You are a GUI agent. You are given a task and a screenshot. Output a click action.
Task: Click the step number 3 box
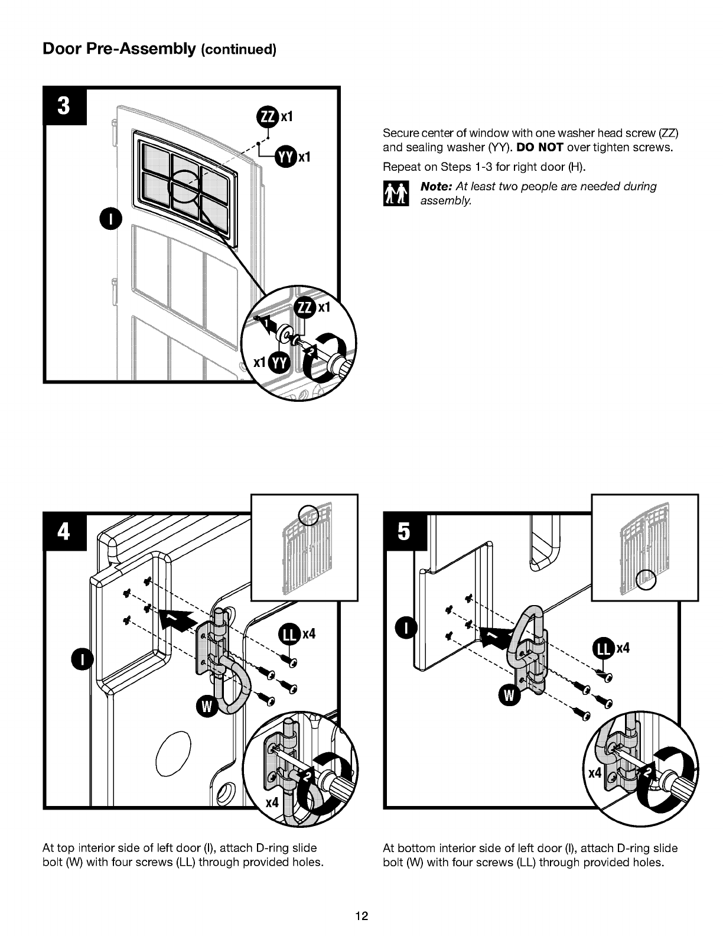64,106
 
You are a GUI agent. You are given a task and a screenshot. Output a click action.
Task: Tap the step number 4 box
64,532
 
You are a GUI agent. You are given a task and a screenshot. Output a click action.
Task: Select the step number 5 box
405,532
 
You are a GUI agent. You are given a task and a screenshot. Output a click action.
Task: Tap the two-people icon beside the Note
396,193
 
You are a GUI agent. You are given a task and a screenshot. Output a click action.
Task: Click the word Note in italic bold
436,187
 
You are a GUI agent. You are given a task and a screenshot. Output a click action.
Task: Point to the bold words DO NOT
539,147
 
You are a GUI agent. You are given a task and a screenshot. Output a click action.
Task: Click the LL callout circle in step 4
290,634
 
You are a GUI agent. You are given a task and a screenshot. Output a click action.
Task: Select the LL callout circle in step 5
604,648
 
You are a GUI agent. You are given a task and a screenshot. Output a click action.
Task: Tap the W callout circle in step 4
207,707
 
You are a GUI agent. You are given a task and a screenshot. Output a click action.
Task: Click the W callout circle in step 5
509,695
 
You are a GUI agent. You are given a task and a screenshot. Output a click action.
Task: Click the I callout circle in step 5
406,629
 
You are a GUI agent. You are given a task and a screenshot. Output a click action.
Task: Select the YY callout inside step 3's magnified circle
280,363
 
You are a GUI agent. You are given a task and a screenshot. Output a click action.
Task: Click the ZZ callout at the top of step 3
268,116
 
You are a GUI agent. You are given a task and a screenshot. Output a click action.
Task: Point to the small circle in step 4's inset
308,515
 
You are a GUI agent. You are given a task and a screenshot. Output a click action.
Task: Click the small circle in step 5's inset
646,579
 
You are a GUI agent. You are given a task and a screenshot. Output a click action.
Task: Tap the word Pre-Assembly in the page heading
141,49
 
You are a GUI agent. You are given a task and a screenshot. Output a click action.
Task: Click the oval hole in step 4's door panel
173,754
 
